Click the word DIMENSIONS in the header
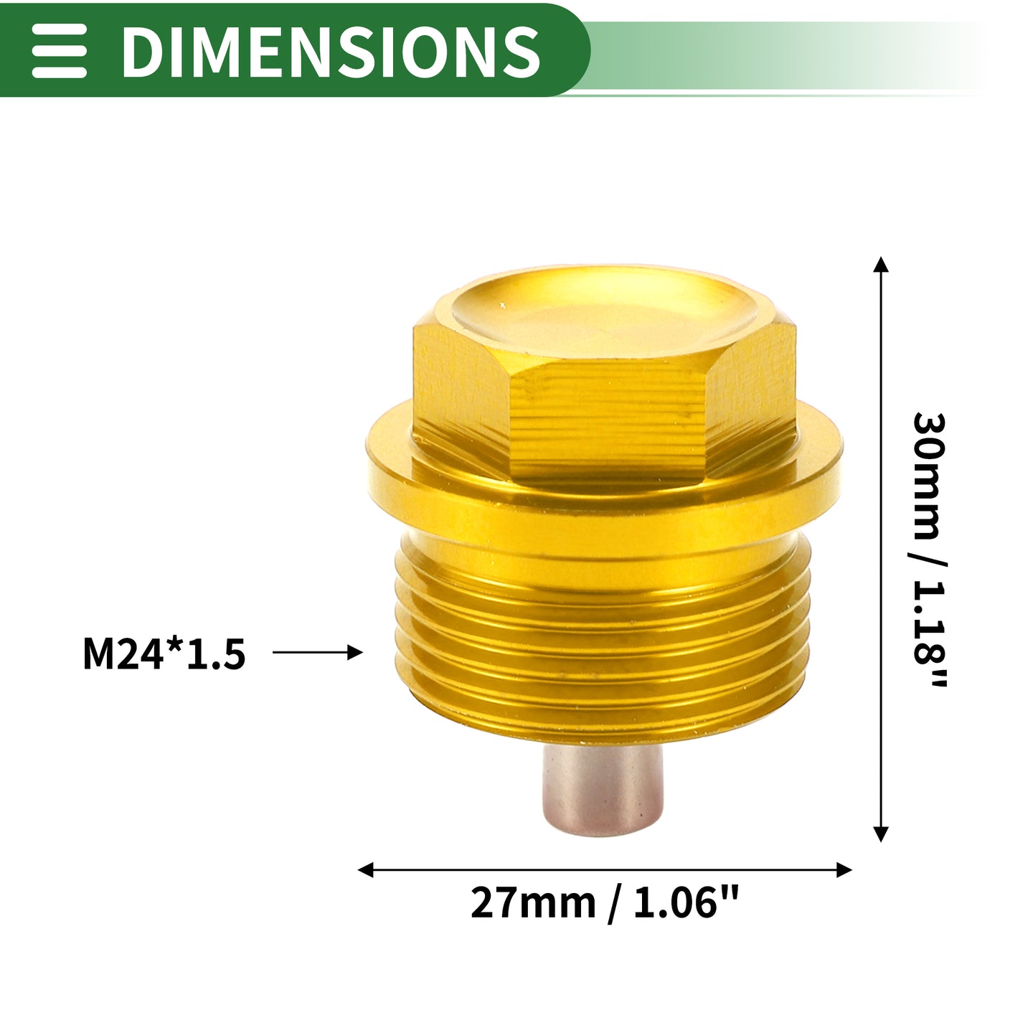pyautogui.click(x=331, y=52)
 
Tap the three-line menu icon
pyautogui.click(x=59, y=52)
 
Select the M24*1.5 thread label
pyautogui.click(x=164, y=654)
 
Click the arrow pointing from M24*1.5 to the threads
pyautogui.click(x=317, y=652)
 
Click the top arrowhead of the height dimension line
pyautogui.click(x=881, y=265)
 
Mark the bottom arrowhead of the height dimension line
pyautogui.click(x=881, y=834)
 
